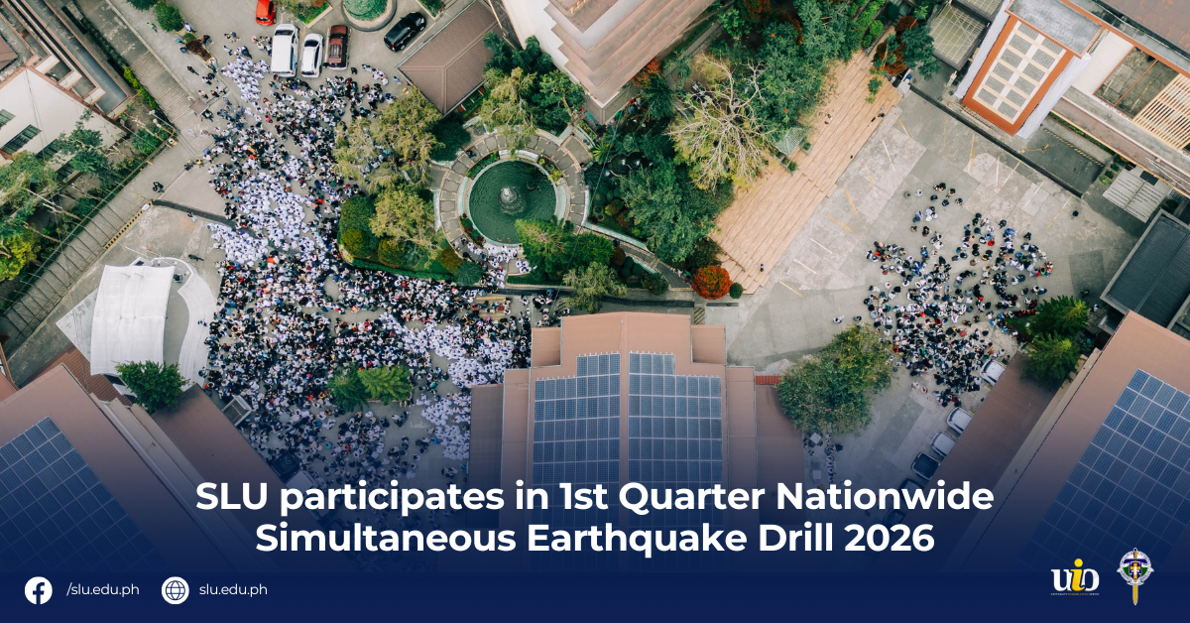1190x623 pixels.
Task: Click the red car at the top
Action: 265,11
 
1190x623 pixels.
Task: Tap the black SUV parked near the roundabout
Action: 405,31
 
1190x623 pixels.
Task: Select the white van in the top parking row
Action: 285,50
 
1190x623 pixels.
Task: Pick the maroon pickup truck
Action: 337,46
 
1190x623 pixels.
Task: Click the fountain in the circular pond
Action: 512,198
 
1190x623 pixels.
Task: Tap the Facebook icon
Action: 39,590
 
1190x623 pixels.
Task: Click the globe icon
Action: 175,590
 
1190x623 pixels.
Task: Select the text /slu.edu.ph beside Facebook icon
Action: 102,590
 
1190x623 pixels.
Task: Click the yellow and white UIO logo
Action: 1075,578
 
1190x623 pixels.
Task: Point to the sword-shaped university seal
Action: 1133,575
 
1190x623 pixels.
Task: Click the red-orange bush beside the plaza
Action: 710,282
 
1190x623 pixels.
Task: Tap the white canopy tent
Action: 132,318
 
